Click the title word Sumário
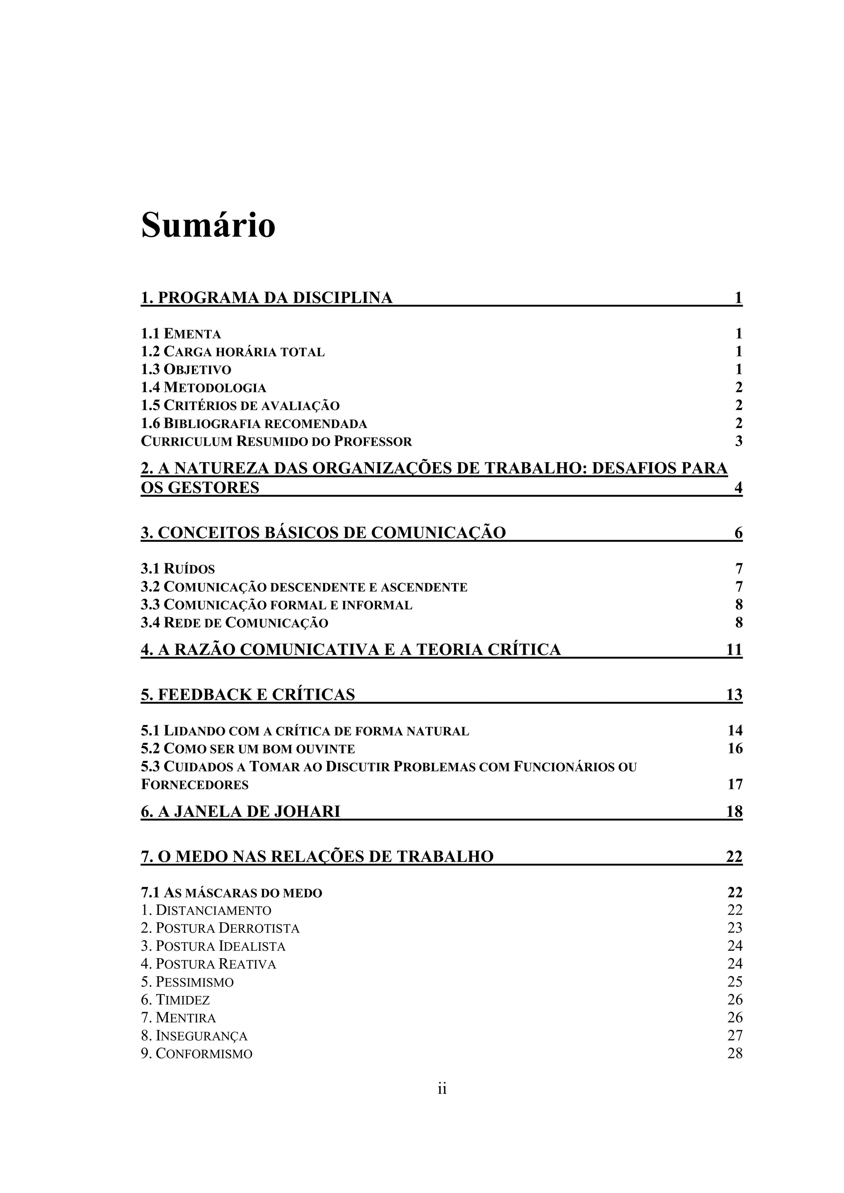(x=208, y=225)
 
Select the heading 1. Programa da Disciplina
(x=267, y=298)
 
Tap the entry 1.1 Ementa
(x=181, y=334)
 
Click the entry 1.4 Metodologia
(x=203, y=388)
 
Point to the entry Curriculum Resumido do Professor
(x=276, y=442)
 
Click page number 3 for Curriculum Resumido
(x=738, y=442)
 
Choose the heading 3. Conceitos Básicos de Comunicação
(x=323, y=533)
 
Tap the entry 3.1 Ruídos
(x=178, y=569)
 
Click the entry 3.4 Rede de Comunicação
(x=234, y=623)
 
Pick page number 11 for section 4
(x=734, y=650)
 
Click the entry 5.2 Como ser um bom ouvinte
(x=248, y=749)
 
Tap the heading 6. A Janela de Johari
(x=240, y=812)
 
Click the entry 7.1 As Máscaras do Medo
(x=231, y=893)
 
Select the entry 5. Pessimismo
(x=187, y=982)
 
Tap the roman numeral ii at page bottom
(x=442, y=1088)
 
